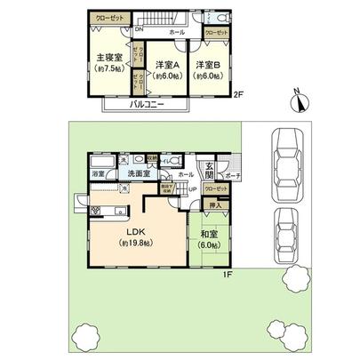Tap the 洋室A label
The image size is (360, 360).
coord(166,65)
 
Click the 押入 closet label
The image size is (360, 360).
coord(213,205)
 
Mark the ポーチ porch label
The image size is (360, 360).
coord(235,177)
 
